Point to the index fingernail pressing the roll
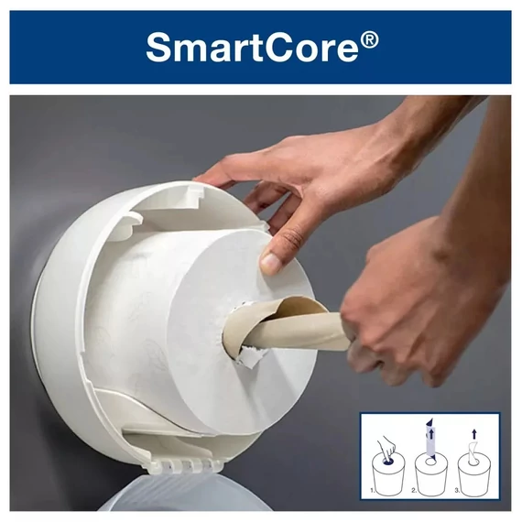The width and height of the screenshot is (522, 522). pyautogui.click(x=271, y=264)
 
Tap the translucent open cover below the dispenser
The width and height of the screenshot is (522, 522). pyautogui.click(x=174, y=499)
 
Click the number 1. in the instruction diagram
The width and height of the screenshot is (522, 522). pyautogui.click(x=373, y=491)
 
